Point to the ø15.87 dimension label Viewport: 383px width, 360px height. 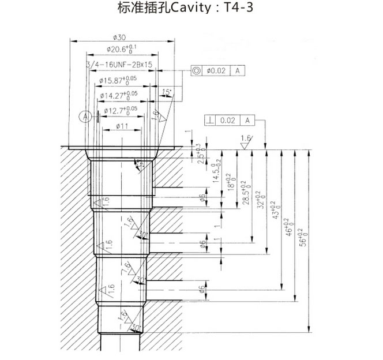click(x=119, y=80)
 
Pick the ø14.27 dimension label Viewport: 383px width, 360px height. click(x=119, y=95)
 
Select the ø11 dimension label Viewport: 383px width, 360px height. click(x=122, y=125)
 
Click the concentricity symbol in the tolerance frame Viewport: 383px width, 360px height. click(x=197, y=70)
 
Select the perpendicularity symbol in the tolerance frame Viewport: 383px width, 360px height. click(x=211, y=120)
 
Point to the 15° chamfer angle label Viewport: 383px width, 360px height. click(x=167, y=92)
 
